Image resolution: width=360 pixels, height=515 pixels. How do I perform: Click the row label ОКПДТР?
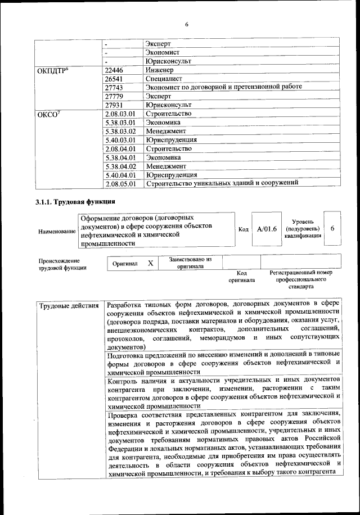point(53,71)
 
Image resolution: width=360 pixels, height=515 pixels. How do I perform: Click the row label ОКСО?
point(48,115)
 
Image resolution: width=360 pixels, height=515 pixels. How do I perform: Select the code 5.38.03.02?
point(121,131)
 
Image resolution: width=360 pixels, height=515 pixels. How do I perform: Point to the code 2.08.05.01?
point(121,183)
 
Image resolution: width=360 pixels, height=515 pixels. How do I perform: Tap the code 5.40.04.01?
point(121,175)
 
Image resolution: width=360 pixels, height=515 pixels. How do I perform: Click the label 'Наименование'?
point(56,231)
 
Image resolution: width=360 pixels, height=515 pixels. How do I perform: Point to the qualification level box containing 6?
point(332,229)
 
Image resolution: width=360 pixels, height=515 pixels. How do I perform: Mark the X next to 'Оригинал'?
point(150,263)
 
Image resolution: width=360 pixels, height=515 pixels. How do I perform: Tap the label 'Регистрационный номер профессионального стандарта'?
point(301,279)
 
